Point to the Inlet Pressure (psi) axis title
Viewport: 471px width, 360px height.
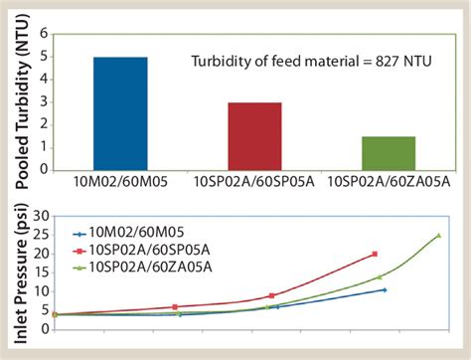pyautogui.click(x=17, y=270)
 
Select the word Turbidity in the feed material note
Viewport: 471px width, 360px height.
pyautogui.click(x=220, y=63)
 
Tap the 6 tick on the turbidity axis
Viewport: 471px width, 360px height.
pyautogui.click(x=43, y=32)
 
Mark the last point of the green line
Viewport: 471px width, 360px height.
pyautogui.click(x=438, y=236)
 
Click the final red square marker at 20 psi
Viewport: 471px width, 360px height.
pyautogui.click(x=375, y=254)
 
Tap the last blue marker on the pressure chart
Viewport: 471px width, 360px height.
pyautogui.click(x=385, y=289)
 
